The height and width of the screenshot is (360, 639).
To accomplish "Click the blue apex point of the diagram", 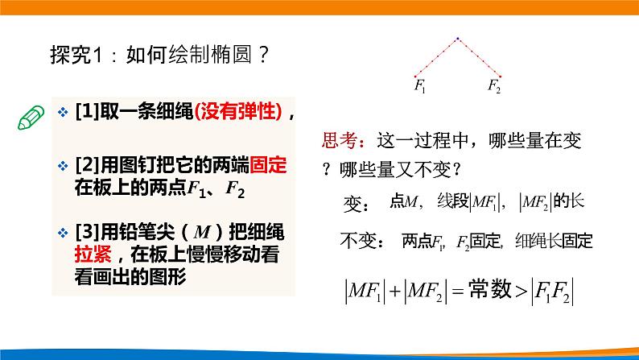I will [x=457, y=38].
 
